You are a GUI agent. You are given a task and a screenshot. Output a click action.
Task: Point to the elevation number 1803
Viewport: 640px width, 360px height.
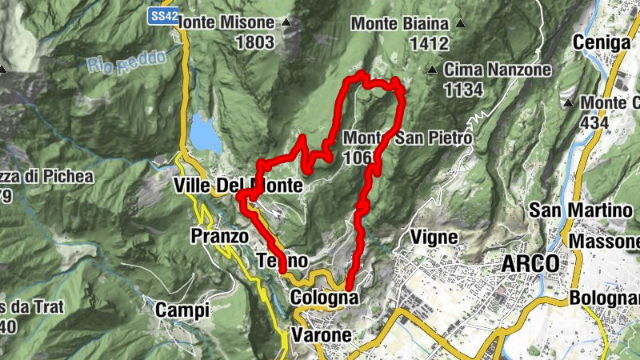254,42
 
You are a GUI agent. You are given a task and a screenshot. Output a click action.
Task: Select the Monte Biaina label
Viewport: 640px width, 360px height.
400,23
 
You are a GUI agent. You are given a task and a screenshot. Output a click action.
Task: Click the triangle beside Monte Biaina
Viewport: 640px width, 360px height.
460,22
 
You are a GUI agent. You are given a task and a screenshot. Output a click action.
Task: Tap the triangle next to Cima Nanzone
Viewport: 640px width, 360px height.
433,70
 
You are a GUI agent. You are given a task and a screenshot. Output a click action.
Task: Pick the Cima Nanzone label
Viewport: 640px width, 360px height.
498,70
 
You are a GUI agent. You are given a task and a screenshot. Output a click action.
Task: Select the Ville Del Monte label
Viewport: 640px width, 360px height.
238,186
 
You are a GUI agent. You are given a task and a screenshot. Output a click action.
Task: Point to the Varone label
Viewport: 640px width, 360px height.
322,334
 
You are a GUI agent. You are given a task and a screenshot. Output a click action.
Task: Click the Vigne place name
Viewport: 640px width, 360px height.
433,238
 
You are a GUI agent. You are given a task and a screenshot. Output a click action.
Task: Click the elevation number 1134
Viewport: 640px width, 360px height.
464,89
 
